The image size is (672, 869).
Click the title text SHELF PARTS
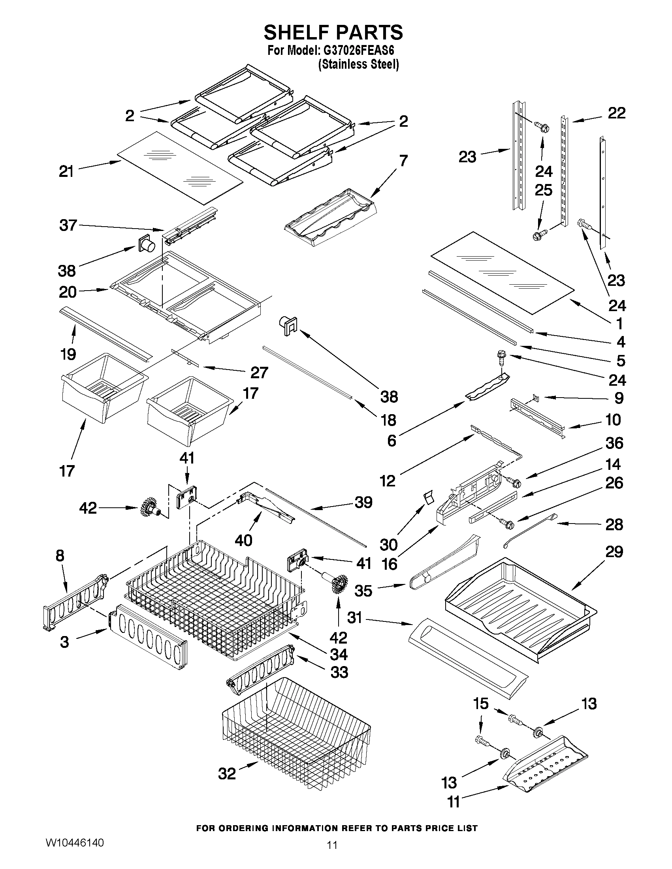(333, 33)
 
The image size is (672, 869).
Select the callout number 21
(66, 172)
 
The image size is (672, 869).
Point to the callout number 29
(614, 552)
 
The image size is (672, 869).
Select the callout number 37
(68, 225)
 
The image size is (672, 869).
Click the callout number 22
(617, 113)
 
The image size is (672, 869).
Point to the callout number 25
(544, 190)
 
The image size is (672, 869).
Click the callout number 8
(60, 556)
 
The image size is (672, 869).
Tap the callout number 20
(68, 293)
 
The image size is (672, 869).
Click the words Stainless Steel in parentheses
(358, 64)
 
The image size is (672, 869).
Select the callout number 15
(480, 704)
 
